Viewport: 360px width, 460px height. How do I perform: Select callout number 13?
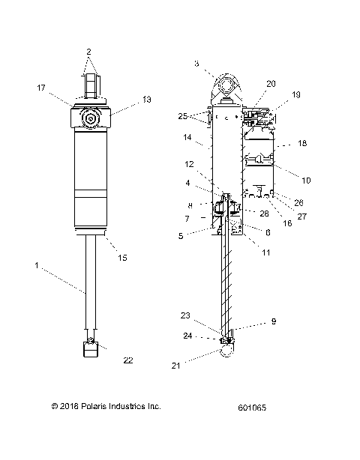[x=146, y=99]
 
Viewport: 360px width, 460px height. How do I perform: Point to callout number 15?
[x=122, y=257]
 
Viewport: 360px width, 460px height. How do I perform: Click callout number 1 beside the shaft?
[x=36, y=264]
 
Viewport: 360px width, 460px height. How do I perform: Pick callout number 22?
[x=128, y=360]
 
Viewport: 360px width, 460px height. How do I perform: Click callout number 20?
[x=271, y=83]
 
